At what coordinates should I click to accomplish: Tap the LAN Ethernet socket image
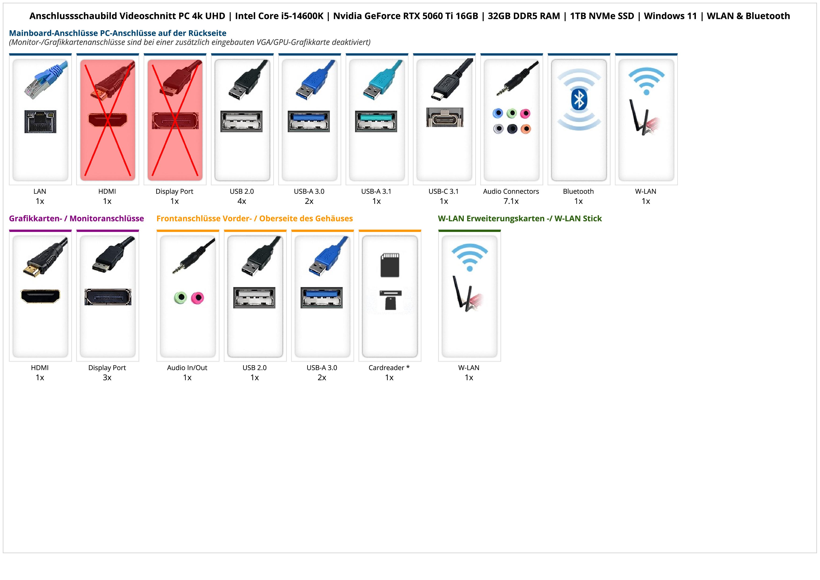(x=40, y=121)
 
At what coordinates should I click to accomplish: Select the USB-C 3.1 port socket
(x=444, y=117)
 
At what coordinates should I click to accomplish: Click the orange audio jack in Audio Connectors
(x=525, y=129)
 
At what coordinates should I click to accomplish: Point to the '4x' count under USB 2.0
(x=242, y=201)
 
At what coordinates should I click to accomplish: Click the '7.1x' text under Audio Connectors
(x=511, y=201)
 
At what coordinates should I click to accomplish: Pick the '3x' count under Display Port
(x=107, y=377)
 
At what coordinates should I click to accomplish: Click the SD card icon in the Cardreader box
(x=390, y=265)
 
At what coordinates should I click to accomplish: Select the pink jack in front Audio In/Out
(x=197, y=298)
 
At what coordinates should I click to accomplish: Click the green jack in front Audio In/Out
(x=180, y=298)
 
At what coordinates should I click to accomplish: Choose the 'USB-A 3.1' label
(x=376, y=191)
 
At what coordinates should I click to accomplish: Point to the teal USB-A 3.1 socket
(x=376, y=121)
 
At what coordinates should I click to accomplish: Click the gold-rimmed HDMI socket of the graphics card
(x=40, y=296)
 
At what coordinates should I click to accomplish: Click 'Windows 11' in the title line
(x=670, y=16)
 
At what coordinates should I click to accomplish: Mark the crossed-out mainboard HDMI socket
(x=108, y=120)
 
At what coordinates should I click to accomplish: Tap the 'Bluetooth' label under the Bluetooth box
(x=578, y=191)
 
